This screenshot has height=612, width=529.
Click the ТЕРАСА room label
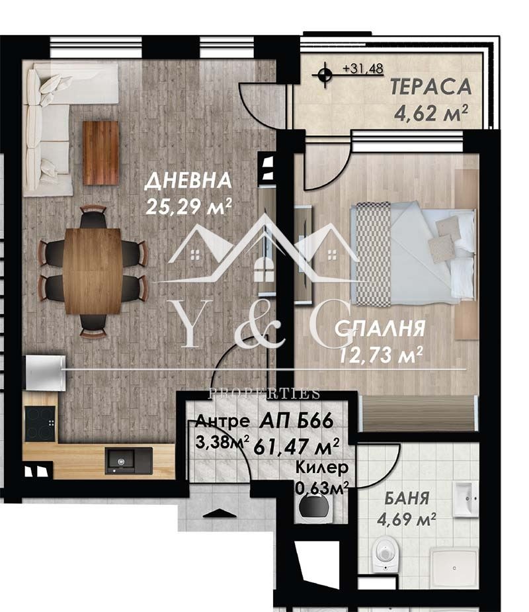point(431,87)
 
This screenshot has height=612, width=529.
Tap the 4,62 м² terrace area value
point(431,113)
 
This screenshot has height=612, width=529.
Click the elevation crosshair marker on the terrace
point(324,74)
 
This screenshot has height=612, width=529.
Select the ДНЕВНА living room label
point(188,181)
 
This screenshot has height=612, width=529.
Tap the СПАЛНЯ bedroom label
point(380,329)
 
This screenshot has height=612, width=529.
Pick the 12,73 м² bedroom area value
point(381,355)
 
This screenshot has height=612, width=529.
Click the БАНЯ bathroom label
point(407,498)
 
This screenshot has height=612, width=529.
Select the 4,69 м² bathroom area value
point(407,519)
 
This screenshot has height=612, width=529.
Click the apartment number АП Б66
point(296,421)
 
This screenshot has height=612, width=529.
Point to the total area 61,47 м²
point(296,447)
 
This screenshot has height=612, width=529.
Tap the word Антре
point(222,421)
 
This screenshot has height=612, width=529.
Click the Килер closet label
point(322,467)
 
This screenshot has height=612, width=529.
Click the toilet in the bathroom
point(385,552)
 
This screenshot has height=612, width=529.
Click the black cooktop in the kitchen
point(40,423)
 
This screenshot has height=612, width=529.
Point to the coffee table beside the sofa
point(101,153)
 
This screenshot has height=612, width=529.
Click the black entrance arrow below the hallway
point(220,513)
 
